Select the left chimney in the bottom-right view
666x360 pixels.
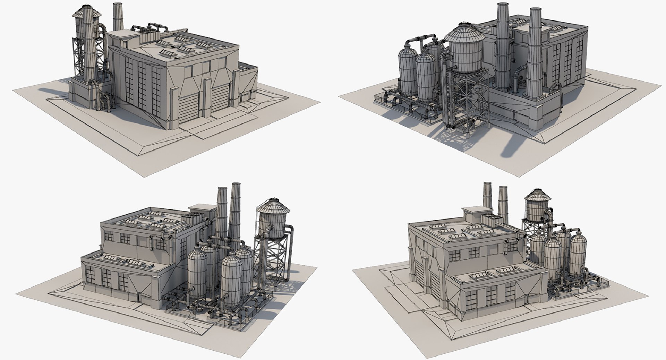click(487, 196)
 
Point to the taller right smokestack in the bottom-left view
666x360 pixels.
click(235, 212)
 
